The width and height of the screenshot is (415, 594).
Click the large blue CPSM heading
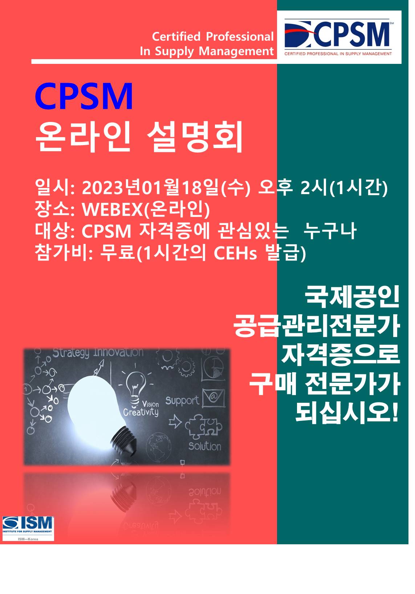click(x=84, y=96)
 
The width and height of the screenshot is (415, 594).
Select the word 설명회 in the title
click(x=195, y=136)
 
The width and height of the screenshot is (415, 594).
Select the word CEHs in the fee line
click(x=235, y=253)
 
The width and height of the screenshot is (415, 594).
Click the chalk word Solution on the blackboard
click(x=205, y=447)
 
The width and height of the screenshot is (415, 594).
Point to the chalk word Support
click(x=182, y=401)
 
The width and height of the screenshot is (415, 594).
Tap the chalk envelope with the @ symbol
click(x=213, y=398)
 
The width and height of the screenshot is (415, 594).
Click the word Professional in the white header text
click(x=240, y=37)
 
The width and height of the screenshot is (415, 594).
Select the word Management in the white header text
click(x=236, y=51)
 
